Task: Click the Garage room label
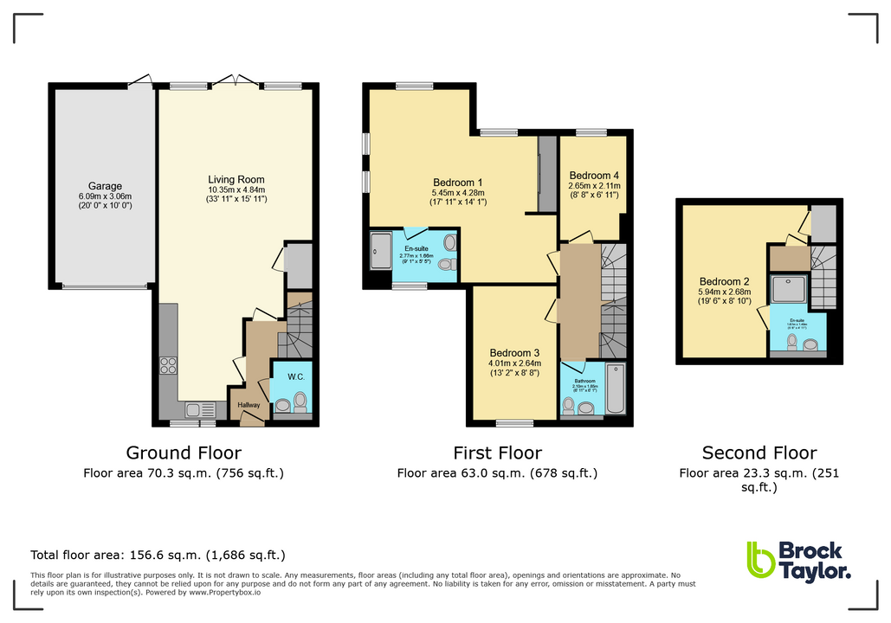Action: (x=105, y=186)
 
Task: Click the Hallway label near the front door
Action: (x=244, y=405)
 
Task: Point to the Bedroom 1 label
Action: (x=457, y=182)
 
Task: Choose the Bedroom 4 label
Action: (x=593, y=174)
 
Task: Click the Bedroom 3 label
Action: (x=514, y=353)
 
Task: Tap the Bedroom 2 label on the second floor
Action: (x=724, y=281)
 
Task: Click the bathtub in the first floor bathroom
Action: (x=616, y=391)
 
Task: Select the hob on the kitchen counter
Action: (x=167, y=365)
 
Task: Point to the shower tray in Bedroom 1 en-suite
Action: (x=382, y=248)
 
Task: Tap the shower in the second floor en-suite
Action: (x=789, y=290)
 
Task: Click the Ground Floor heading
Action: (x=184, y=453)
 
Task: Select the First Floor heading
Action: (x=497, y=453)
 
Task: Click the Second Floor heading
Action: (x=759, y=453)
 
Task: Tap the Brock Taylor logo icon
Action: (x=760, y=560)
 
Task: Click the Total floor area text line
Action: (x=158, y=555)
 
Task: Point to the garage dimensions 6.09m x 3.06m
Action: (x=105, y=196)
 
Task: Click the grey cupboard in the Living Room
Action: (x=298, y=267)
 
